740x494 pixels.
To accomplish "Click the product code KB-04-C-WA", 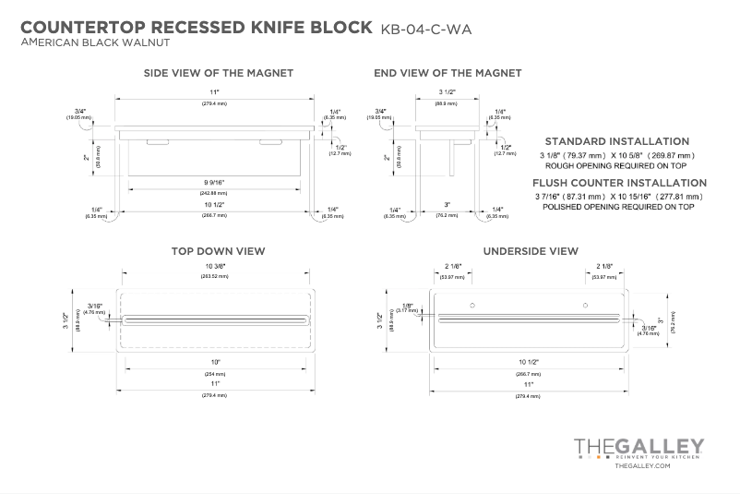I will click(x=425, y=29).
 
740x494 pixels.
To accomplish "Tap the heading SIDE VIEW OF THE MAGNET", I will click(x=219, y=73).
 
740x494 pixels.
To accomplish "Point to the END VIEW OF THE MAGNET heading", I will click(x=448, y=73).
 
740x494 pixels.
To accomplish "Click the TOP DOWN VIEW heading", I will click(x=218, y=250).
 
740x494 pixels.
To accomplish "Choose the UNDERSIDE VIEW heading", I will click(x=531, y=250).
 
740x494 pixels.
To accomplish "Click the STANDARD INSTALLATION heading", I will click(x=617, y=141).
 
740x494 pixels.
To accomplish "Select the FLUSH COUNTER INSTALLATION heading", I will click(x=619, y=183).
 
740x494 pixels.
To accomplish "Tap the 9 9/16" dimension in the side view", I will click(x=213, y=182).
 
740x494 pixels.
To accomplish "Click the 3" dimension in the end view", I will click(x=447, y=204).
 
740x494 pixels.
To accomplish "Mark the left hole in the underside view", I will click(x=472, y=305).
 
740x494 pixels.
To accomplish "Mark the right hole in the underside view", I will click(x=585, y=305).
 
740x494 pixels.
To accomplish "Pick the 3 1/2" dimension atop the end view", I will click(x=448, y=92).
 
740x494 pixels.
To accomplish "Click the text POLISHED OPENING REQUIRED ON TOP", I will click(x=618, y=208).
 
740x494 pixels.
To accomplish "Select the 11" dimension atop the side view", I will click(x=213, y=92).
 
